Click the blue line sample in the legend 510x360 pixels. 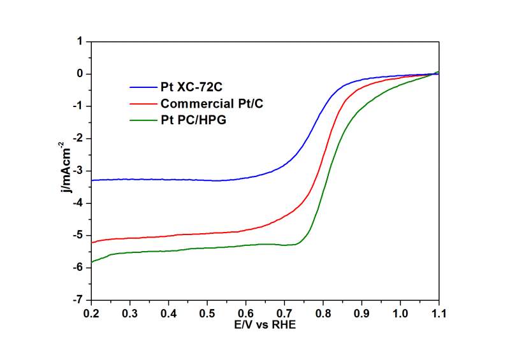[x=142, y=87]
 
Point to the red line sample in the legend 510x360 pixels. [x=142, y=103]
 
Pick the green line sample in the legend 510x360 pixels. [x=142, y=119]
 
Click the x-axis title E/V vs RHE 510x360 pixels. [x=265, y=324]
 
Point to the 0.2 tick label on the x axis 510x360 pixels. [x=92, y=313]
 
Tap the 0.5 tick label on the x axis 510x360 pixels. [x=207, y=313]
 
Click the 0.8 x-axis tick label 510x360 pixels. [x=323, y=313]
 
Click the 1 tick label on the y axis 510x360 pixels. [x=80, y=41]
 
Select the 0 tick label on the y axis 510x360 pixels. [x=80, y=74]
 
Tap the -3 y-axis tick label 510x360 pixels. [x=78, y=171]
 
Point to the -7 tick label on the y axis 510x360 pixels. [x=78, y=300]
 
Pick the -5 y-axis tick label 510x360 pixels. [x=78, y=236]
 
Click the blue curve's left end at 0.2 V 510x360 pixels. [x=92, y=180]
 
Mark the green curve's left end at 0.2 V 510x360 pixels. [x=92, y=262]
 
